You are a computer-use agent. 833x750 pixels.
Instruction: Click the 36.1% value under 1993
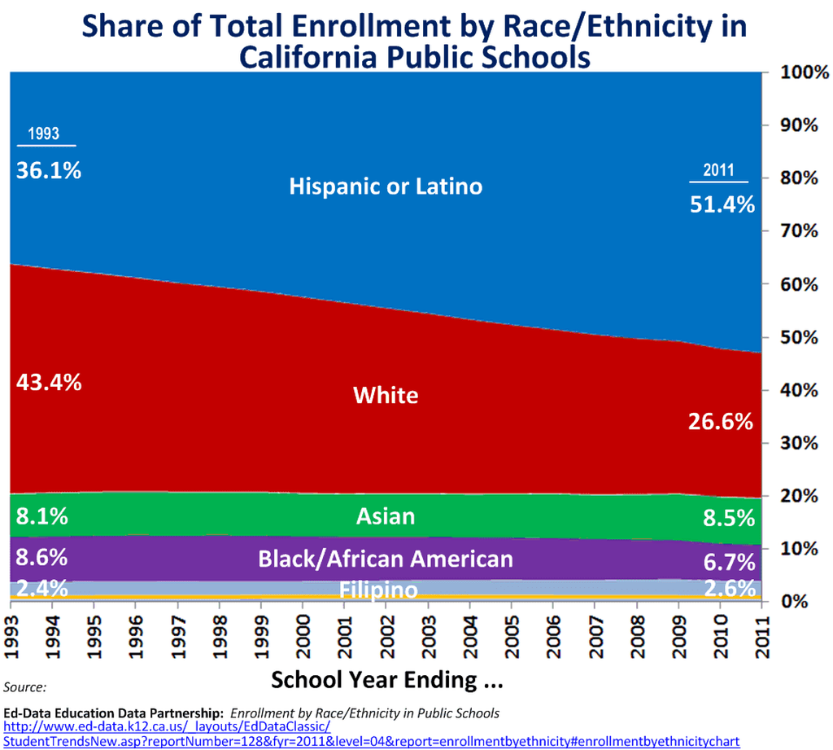pos(49,171)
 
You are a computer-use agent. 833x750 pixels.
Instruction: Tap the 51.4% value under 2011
pos(722,205)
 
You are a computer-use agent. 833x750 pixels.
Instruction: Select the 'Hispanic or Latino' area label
pos(386,186)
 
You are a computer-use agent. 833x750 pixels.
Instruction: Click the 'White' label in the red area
pos(386,396)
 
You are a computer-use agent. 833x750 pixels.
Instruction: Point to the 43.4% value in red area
pos(49,382)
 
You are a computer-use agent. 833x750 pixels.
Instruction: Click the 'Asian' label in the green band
pos(386,516)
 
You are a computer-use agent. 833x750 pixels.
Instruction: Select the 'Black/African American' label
pos(386,559)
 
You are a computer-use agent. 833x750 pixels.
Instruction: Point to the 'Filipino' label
pos(379,589)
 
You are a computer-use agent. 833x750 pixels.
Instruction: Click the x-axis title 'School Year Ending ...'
pos(386,679)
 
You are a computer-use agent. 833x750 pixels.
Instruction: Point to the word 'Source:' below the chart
pos(24,687)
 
